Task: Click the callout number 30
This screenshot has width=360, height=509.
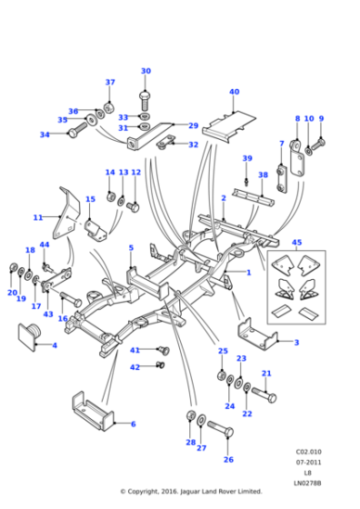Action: coord(145,71)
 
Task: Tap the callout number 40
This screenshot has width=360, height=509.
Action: coord(234,92)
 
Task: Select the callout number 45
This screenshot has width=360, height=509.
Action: coord(296,242)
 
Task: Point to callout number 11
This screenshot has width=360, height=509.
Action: coord(36,218)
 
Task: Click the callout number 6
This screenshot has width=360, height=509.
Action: coord(133,424)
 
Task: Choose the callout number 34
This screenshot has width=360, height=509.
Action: coord(44,135)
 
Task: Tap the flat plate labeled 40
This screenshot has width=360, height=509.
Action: coord(227,124)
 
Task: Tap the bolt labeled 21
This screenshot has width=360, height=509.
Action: coord(259,395)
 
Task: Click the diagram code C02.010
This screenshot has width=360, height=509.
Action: coord(306,450)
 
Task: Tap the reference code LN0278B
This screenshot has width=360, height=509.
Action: coord(306,480)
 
